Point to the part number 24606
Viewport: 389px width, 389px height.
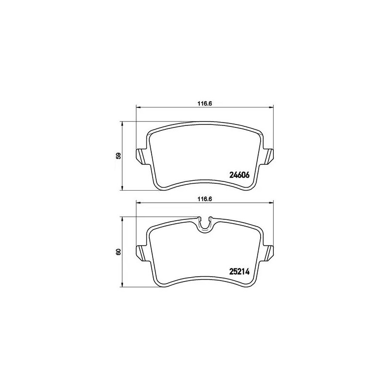(x=239, y=177)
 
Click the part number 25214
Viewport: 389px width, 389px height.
(x=239, y=272)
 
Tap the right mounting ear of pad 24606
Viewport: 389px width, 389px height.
(x=269, y=155)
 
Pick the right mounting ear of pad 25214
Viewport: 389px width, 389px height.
(x=269, y=251)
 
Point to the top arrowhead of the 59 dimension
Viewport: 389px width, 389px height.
(x=122, y=124)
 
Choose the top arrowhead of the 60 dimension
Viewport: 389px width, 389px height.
(x=122, y=219)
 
